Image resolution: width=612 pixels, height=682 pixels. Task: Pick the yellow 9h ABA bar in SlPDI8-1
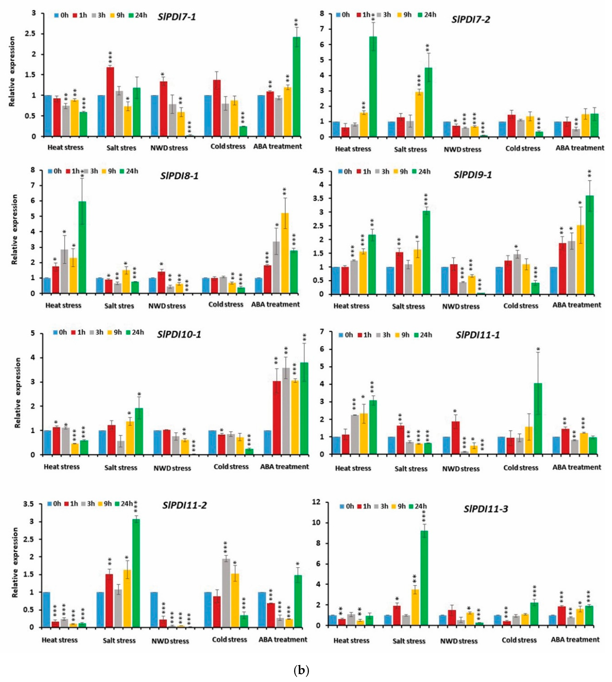[x=284, y=253]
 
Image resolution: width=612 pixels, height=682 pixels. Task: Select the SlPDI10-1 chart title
[x=179, y=334]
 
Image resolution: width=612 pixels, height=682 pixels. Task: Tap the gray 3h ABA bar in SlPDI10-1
[x=286, y=411]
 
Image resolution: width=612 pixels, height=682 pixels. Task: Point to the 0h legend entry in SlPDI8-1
[x=55, y=171]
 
